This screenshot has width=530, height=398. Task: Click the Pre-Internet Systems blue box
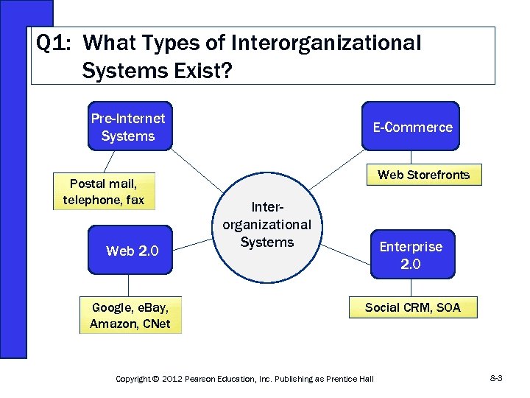click(x=129, y=126)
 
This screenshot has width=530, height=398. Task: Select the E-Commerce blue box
click(x=412, y=128)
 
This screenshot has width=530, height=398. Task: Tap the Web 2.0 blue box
click(x=130, y=251)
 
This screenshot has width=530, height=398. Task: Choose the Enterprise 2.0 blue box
click(x=411, y=255)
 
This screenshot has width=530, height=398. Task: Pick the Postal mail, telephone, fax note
click(x=104, y=192)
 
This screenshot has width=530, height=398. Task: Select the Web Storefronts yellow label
click(x=423, y=175)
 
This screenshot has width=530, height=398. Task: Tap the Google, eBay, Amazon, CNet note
click(x=130, y=315)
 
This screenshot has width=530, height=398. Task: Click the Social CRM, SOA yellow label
click(x=412, y=307)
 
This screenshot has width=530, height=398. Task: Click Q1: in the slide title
click(x=53, y=43)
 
